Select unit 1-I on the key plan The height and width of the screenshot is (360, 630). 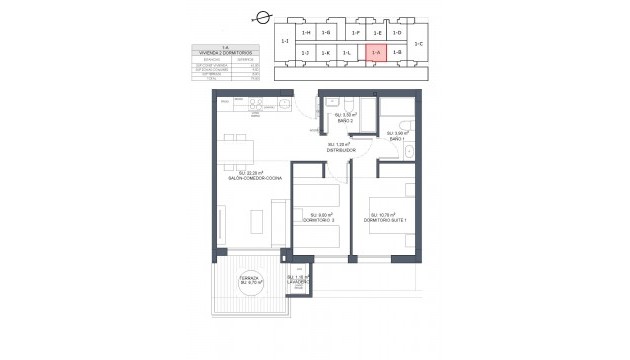pos(286,42)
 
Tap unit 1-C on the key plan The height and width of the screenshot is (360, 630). pos(418,43)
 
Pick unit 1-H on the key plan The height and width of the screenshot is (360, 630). pos(306,34)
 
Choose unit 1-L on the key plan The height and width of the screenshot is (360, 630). pos(346,52)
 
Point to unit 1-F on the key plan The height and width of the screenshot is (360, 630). pos(357,34)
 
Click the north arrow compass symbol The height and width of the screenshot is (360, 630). pos(263,17)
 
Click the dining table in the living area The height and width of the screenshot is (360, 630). pos(236,149)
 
